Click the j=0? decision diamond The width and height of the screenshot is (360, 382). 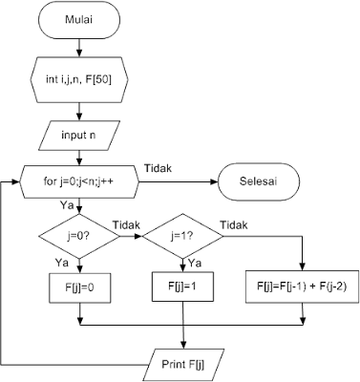[x=79, y=234]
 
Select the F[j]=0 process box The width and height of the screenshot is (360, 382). [x=79, y=286]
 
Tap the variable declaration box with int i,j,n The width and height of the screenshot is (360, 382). [x=79, y=78]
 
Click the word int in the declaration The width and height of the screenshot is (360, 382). [x=52, y=78]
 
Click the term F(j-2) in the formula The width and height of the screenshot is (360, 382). [x=328, y=286]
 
